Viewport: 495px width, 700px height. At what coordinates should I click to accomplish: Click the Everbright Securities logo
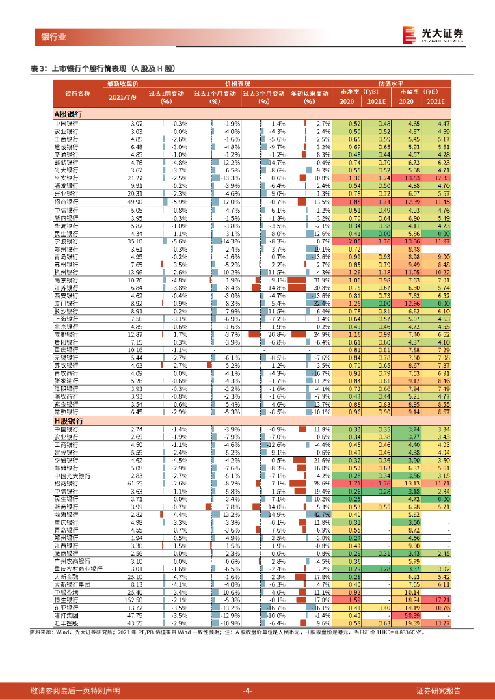(x=432, y=34)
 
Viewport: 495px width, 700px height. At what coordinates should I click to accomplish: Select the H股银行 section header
(x=68, y=422)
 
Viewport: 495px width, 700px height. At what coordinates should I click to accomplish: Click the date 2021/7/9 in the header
(x=124, y=97)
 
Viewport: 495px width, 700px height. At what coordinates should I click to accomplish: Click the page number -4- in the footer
(x=247, y=690)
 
